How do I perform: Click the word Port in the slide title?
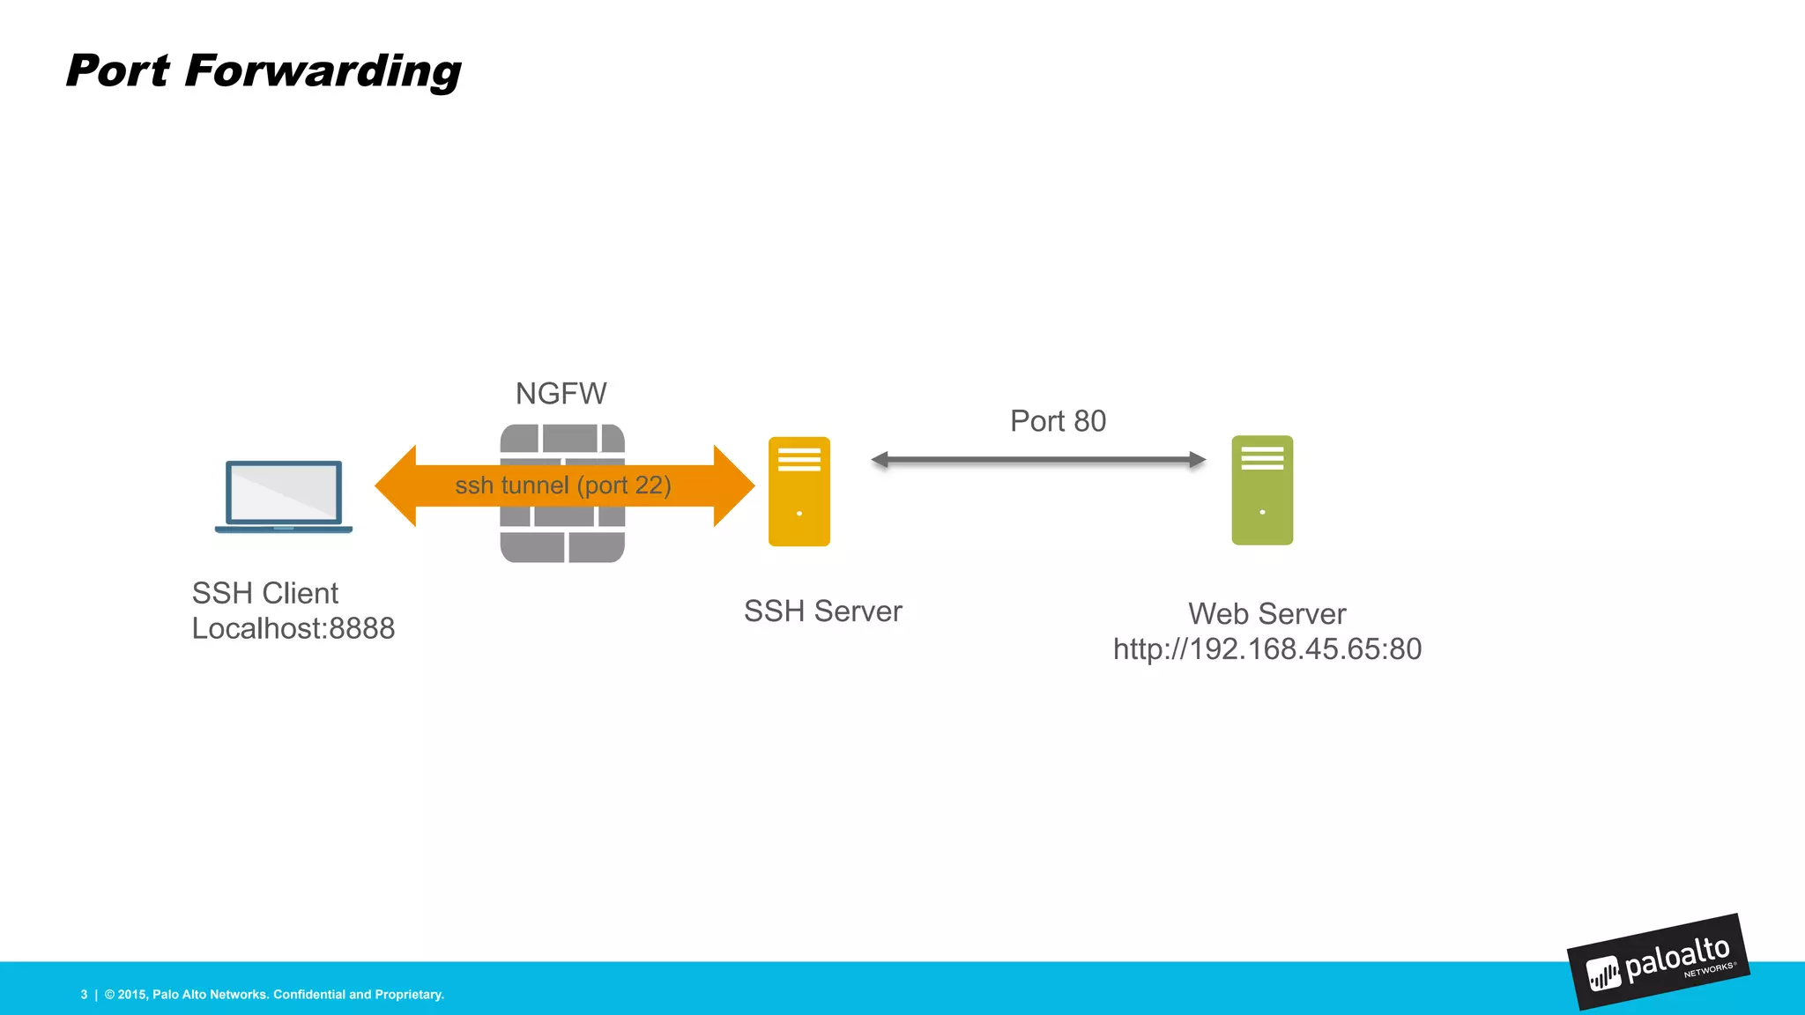point(117,71)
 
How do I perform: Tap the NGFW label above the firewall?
point(561,394)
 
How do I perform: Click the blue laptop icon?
point(283,496)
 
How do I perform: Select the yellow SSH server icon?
point(799,492)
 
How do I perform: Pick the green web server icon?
point(1262,490)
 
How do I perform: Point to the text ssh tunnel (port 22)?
point(563,485)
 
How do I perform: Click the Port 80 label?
point(1058,421)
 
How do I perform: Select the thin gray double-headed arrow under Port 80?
point(1038,460)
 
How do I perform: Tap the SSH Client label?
point(265,593)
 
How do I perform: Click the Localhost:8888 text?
point(293,628)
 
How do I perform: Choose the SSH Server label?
point(823,611)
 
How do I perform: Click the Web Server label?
point(1266,614)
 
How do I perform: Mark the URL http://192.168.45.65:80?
point(1266,649)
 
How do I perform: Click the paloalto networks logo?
point(1658,963)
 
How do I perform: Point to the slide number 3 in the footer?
point(85,995)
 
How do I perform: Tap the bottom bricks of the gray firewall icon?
point(562,546)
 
